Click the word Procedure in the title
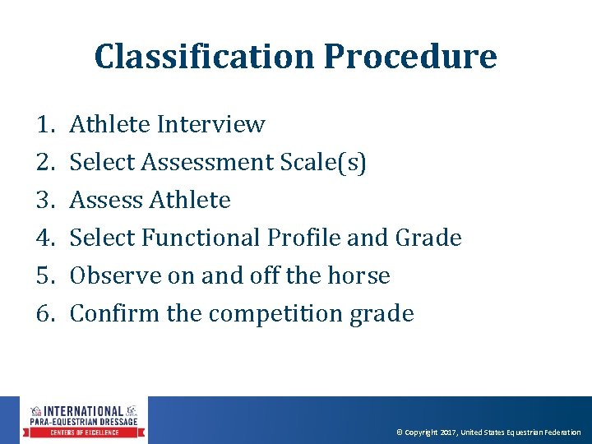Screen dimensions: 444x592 409,57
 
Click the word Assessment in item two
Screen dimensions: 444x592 207,163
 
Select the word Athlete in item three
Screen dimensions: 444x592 191,201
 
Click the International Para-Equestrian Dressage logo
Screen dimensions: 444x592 84,420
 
